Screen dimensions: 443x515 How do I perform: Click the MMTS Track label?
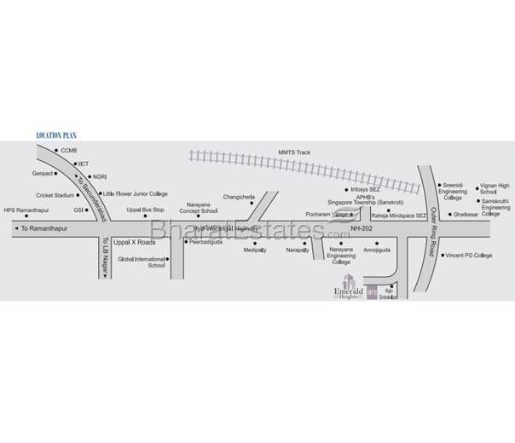pos(294,152)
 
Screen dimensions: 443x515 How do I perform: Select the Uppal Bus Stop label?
pos(145,209)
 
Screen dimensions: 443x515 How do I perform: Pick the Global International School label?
pos(142,262)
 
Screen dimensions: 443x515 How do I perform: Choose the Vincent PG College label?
pos(469,255)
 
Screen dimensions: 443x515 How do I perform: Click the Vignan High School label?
pos(495,188)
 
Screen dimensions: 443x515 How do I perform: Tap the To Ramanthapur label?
pos(41,229)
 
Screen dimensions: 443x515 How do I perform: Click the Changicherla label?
pos(240,197)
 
